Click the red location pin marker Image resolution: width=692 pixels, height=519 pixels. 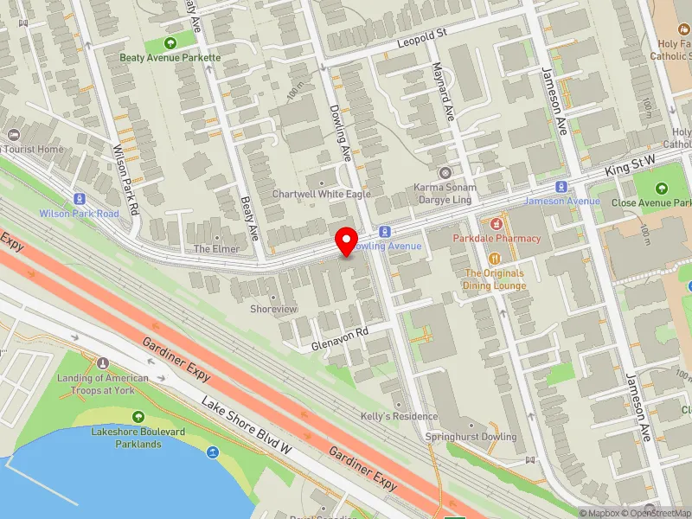[347, 241]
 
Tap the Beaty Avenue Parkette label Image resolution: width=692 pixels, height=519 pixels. [170, 58]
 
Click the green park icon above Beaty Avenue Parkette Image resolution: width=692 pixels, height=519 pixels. [170, 42]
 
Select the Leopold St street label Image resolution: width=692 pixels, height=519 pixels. [420, 37]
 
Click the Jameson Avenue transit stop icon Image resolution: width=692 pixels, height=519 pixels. [561, 186]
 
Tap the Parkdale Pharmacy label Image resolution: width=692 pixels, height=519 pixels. [497, 238]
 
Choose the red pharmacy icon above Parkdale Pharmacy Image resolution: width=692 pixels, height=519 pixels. [497, 224]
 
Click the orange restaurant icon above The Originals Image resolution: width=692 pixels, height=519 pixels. [496, 258]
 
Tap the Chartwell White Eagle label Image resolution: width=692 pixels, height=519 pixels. [322, 195]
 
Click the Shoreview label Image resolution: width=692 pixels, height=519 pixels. [273, 309]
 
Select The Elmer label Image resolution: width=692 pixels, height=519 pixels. [216, 249]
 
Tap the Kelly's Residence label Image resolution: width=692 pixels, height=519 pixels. [399, 416]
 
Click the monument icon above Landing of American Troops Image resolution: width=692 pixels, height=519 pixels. [103, 363]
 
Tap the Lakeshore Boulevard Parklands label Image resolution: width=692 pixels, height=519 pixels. [127, 438]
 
